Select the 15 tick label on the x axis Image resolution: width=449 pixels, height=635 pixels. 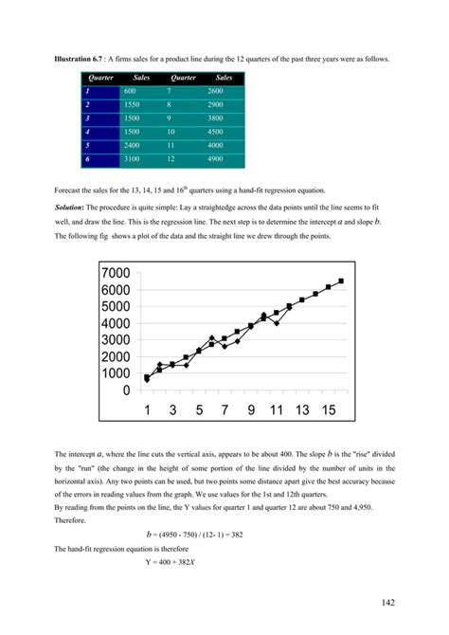click(x=327, y=410)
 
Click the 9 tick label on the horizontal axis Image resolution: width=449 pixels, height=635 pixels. click(x=251, y=410)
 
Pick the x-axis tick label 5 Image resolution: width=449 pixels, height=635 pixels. click(x=199, y=410)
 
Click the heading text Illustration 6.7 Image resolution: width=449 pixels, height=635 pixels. click(x=76, y=59)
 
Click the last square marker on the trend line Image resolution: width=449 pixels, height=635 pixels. click(x=340, y=281)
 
